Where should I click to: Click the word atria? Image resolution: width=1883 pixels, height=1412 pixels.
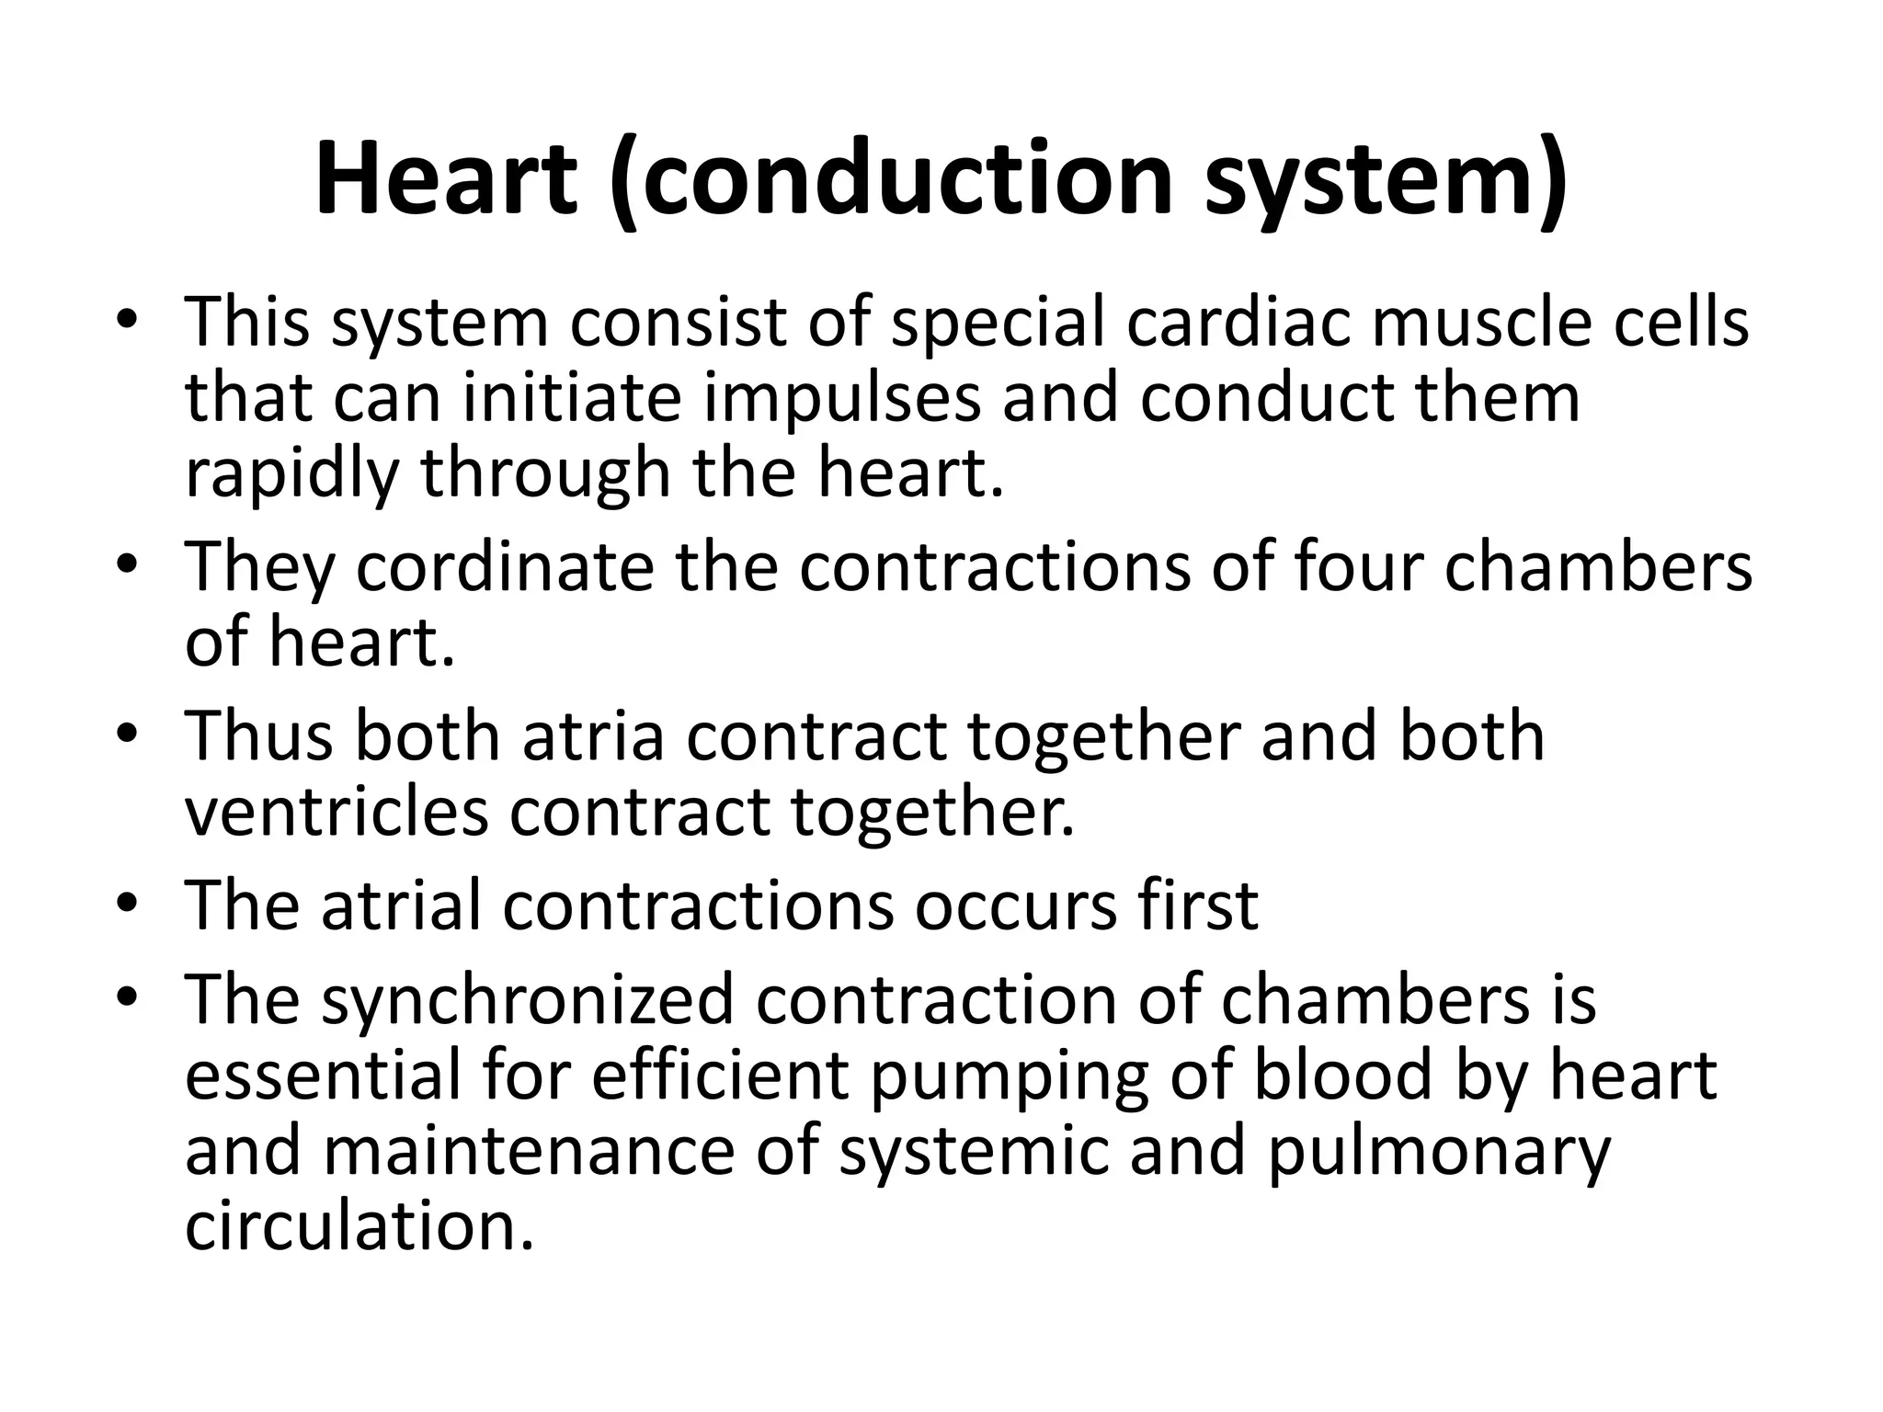[x=594, y=735]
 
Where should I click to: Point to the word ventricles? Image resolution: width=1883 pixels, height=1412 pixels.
[x=337, y=812]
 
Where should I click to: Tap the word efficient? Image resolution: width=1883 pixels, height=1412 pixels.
[x=719, y=1075]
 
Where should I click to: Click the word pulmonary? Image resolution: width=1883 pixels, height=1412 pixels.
[x=1439, y=1152]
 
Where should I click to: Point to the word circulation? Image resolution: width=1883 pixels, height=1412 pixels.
[x=359, y=1226]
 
